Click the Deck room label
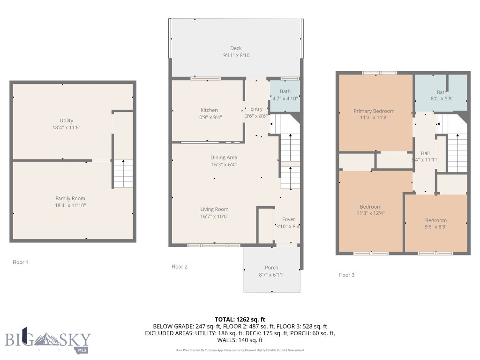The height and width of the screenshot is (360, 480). (x=236, y=48)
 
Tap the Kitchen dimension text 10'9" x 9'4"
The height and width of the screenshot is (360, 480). (x=209, y=117)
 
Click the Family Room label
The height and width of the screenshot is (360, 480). (x=70, y=198)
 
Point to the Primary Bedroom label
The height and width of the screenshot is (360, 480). (x=374, y=111)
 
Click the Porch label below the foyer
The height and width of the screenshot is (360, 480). (x=271, y=268)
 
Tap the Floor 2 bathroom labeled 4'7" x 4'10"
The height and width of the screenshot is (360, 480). (x=285, y=95)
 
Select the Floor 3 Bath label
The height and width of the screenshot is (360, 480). (x=442, y=92)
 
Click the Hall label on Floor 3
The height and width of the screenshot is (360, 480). (x=425, y=153)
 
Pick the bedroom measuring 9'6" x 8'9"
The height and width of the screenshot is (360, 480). (x=435, y=224)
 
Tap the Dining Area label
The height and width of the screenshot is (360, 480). (x=224, y=157)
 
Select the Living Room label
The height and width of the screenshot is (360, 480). (x=214, y=210)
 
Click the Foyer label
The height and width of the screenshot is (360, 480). (x=288, y=219)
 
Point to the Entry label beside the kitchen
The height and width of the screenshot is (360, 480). (x=256, y=109)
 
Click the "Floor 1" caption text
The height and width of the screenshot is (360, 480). (x=20, y=262)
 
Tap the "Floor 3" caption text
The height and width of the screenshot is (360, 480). (x=346, y=275)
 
